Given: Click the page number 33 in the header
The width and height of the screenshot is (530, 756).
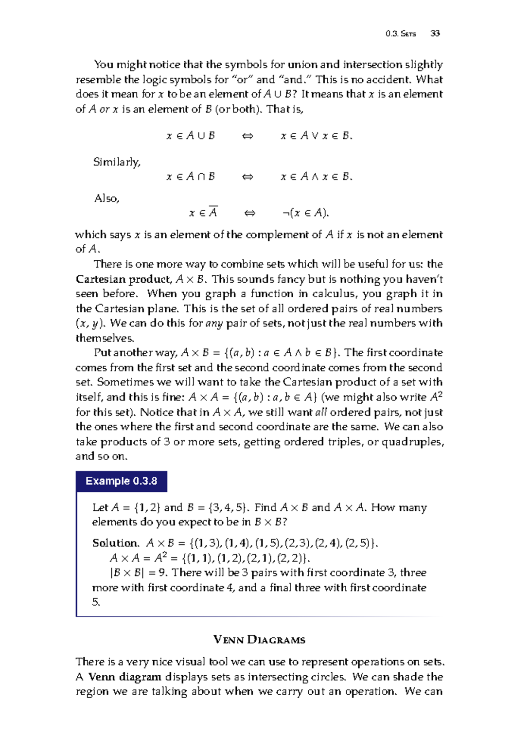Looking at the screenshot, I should coord(435,34).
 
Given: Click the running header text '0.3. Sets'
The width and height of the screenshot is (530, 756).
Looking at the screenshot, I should coord(400,34).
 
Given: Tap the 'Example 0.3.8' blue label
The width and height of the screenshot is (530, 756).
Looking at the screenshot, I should coord(121,481).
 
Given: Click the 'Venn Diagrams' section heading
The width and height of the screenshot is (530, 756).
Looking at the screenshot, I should coord(259,640).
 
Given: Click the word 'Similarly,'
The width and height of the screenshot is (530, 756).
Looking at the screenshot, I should coord(117,162).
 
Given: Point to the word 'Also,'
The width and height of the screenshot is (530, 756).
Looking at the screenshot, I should coord(107,198).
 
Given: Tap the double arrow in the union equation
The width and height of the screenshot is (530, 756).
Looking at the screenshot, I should coord(247,136).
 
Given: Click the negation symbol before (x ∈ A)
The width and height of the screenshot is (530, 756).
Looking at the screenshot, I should coord(286,213).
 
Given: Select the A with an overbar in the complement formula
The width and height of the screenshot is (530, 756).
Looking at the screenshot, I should coord(213,213).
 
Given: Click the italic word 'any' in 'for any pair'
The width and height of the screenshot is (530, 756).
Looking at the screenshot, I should coord(214,323).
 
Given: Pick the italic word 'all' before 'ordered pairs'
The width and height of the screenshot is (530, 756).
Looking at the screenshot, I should coord(321,412).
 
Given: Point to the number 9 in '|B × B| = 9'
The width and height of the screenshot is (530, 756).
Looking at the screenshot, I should coord(161,573).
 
